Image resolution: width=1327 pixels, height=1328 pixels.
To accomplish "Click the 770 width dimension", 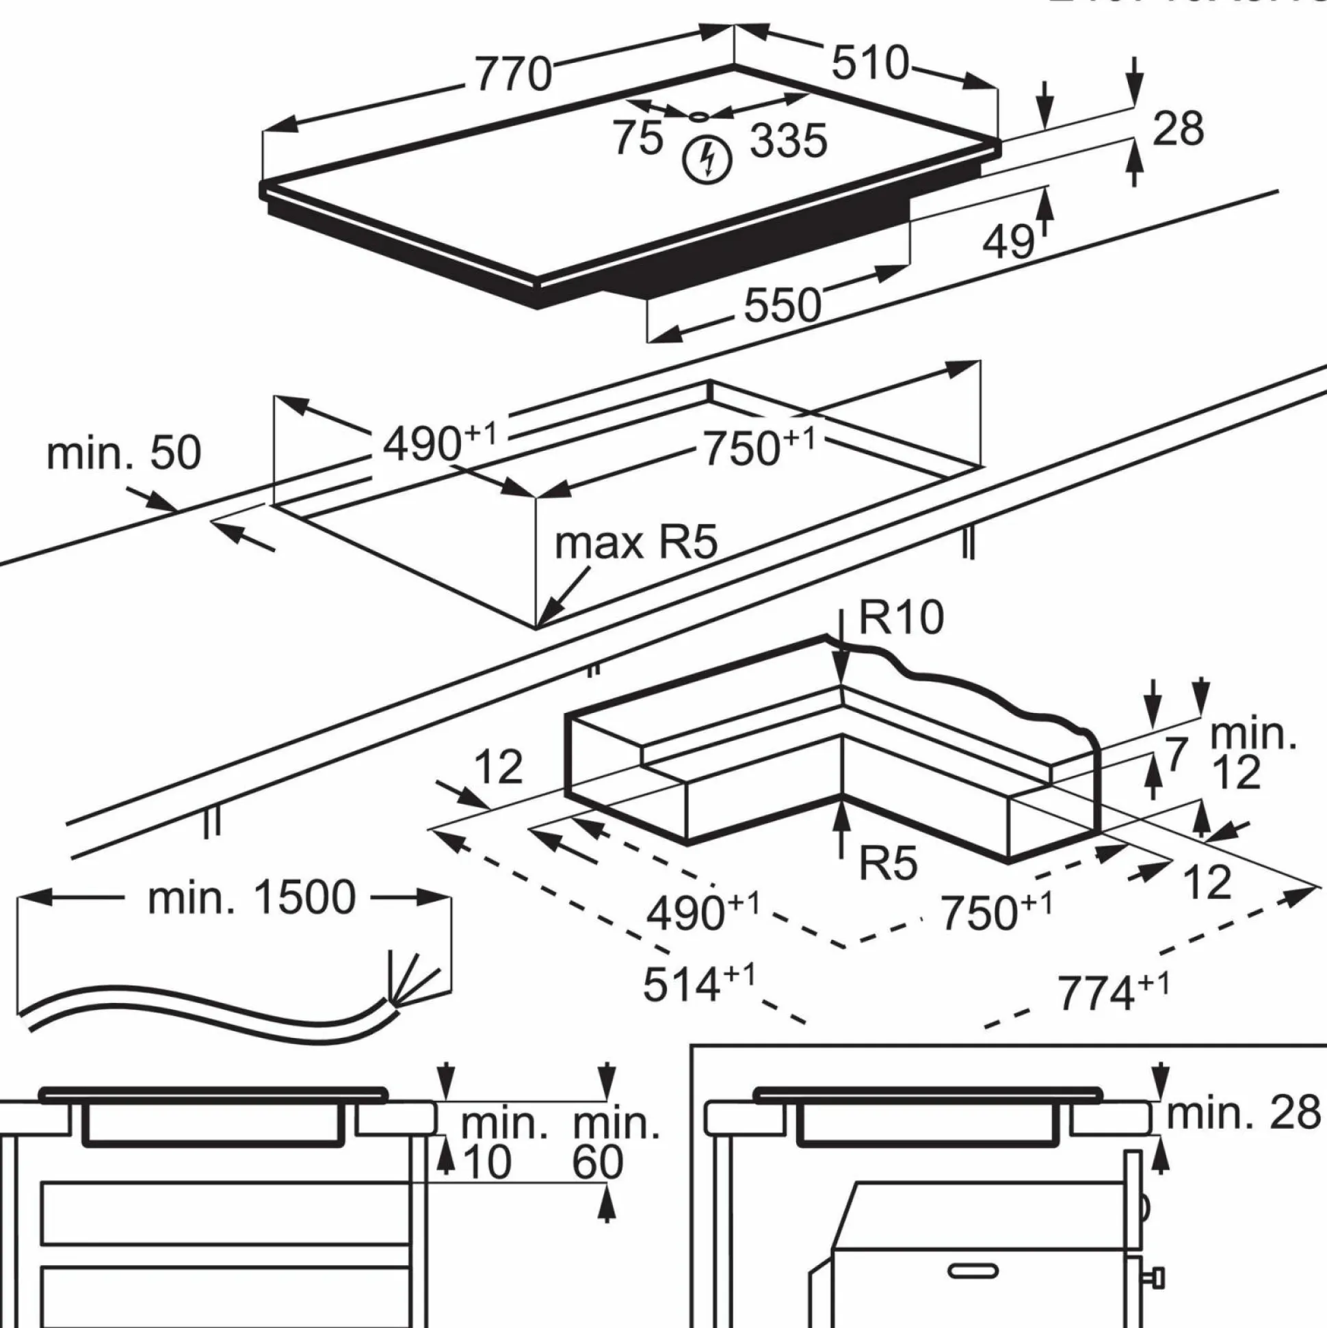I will click(x=513, y=75).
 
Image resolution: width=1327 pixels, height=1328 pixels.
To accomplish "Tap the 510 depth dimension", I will click(x=870, y=63).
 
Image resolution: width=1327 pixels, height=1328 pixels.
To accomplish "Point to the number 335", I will click(x=788, y=142).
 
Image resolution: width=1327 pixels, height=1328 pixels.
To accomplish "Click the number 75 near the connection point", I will click(x=638, y=138).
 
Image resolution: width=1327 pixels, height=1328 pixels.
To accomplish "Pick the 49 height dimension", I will click(x=1008, y=242).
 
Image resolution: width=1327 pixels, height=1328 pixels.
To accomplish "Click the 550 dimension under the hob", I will click(x=783, y=306).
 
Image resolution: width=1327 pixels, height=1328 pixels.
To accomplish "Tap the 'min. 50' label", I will click(x=124, y=453).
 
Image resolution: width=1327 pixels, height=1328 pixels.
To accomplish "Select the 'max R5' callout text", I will click(x=635, y=543).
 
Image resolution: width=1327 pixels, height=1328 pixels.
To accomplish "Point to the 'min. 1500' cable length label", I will click(x=252, y=897).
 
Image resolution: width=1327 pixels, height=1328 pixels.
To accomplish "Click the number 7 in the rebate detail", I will click(x=1176, y=755).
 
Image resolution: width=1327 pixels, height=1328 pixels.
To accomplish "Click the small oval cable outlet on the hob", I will click(x=699, y=117).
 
